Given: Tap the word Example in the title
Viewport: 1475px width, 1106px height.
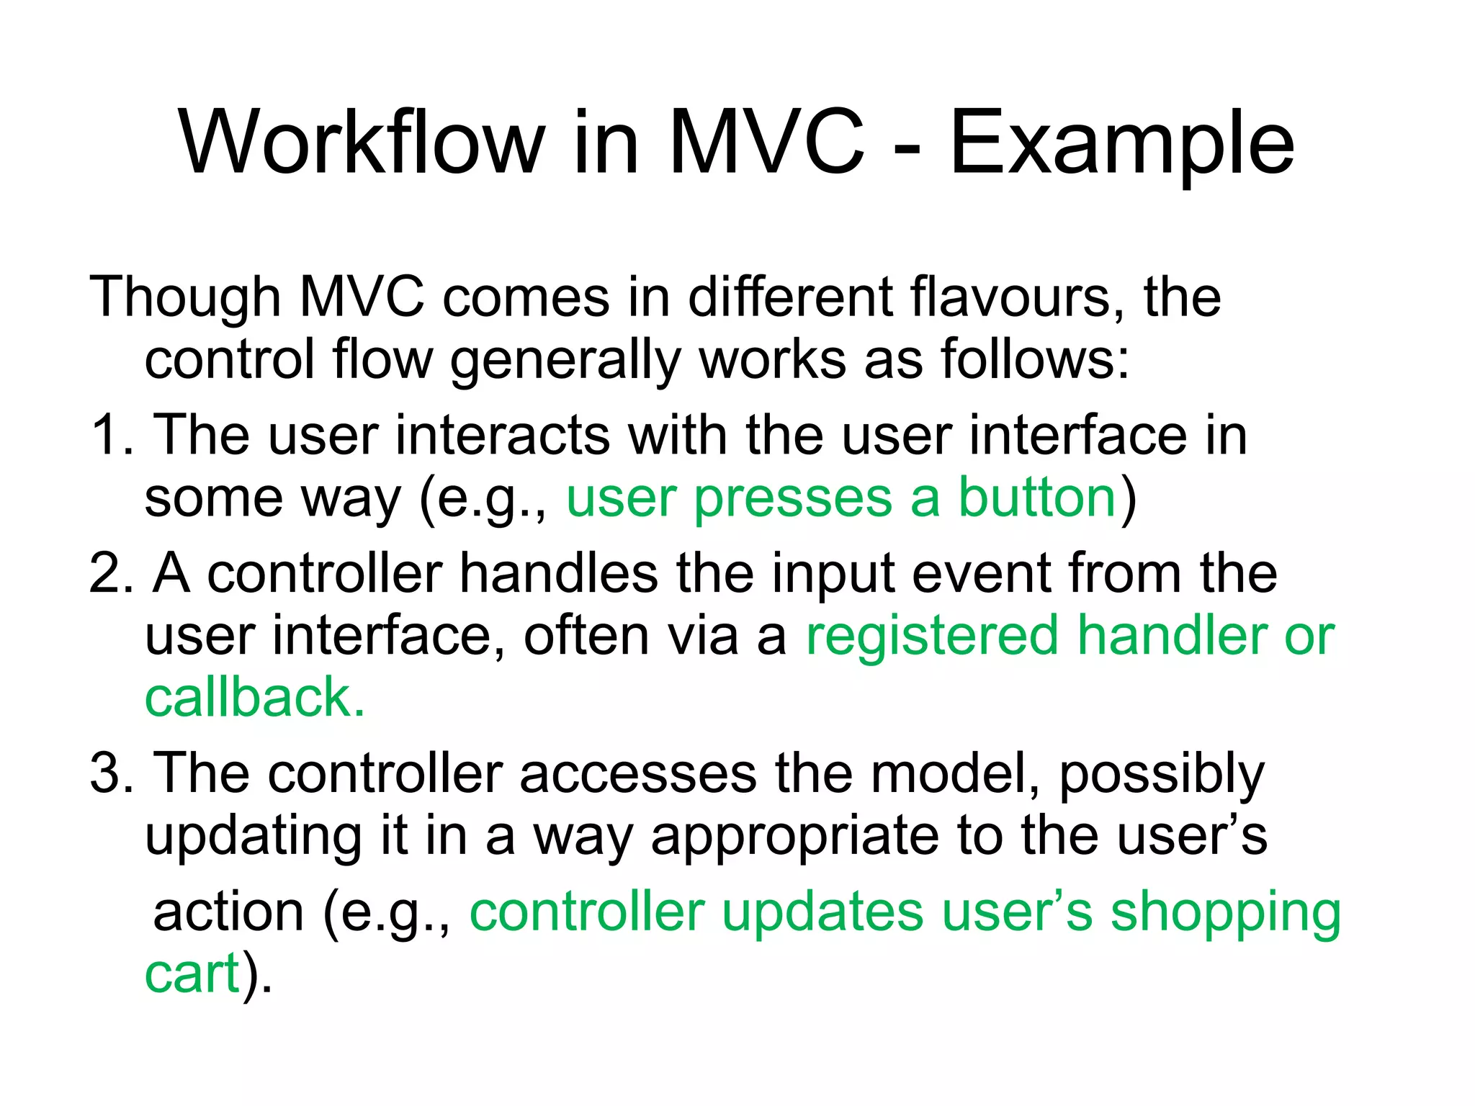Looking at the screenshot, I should [1121, 144].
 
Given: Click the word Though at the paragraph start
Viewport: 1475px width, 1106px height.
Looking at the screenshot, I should [184, 297].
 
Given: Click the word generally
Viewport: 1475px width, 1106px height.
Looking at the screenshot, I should [565, 360].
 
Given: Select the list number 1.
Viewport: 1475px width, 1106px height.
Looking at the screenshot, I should [106, 436].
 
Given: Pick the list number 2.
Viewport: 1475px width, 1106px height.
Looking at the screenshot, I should [107, 574].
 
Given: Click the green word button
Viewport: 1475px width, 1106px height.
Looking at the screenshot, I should [1036, 498].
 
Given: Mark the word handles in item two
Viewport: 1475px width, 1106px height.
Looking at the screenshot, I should [558, 574].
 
